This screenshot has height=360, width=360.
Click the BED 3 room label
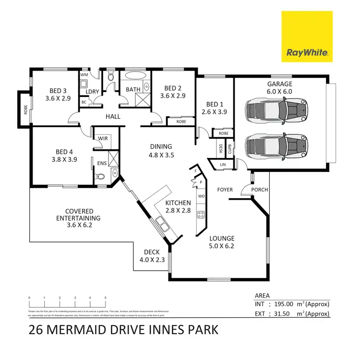click(58, 94)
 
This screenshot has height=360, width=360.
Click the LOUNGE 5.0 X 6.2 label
click(222, 242)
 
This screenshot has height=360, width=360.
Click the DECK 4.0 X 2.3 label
click(152, 256)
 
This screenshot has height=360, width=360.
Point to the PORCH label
click(260, 190)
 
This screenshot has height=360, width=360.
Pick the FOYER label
click(225, 190)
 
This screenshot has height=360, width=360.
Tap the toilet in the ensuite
click(100, 177)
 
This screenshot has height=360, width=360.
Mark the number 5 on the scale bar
click(105, 298)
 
